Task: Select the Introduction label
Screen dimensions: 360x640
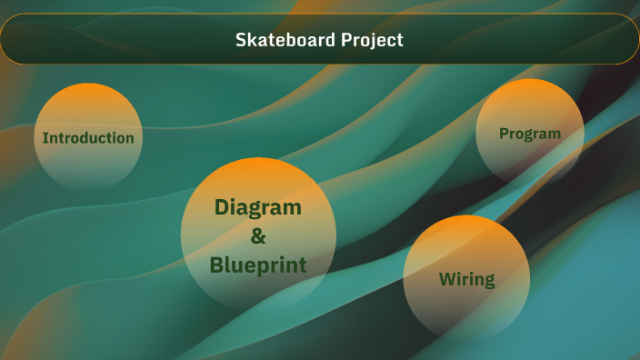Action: click(x=88, y=138)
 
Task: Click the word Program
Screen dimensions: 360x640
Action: click(x=530, y=134)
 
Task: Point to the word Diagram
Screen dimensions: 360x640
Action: click(x=258, y=207)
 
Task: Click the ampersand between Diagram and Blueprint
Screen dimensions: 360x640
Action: click(x=258, y=236)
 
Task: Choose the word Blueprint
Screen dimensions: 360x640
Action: click(x=258, y=265)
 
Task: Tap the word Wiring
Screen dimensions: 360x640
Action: click(x=466, y=279)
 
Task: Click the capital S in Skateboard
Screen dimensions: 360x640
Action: click(x=241, y=40)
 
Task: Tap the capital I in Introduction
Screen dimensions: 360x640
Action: click(x=45, y=138)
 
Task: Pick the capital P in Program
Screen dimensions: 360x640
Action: click(x=504, y=134)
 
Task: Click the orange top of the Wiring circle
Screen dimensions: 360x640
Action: click(x=466, y=227)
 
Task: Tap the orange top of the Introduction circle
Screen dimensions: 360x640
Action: click(x=88, y=95)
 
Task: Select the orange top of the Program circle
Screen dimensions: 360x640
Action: click(x=530, y=90)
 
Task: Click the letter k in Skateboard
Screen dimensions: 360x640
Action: click(x=250, y=40)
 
